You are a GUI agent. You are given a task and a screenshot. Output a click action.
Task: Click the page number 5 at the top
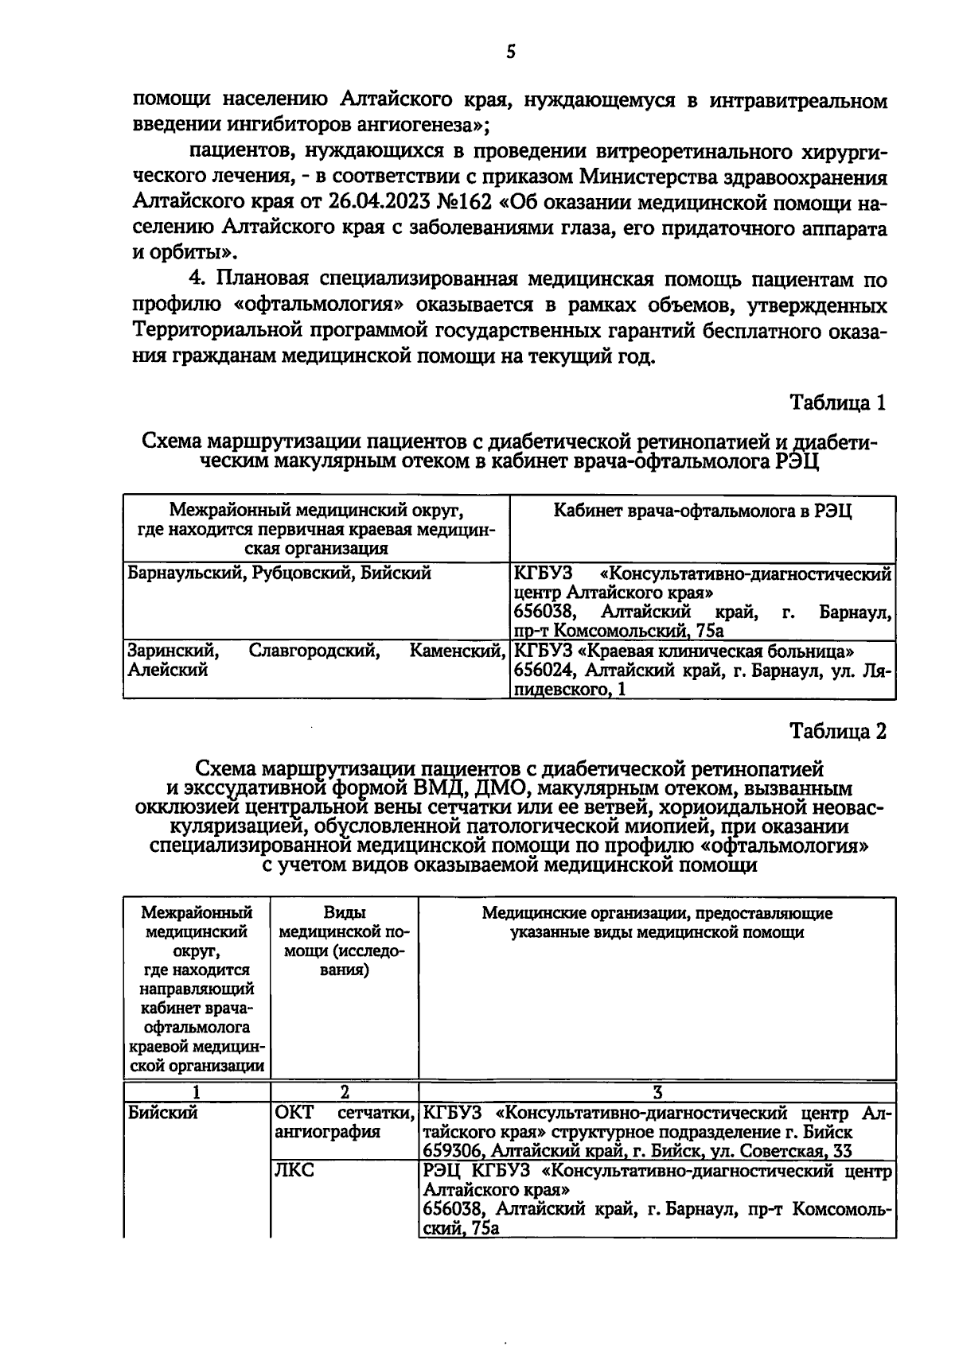pos(510,52)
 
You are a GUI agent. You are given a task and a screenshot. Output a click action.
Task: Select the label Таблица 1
pos(837,402)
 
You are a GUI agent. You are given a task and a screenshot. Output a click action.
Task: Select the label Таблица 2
pos(837,731)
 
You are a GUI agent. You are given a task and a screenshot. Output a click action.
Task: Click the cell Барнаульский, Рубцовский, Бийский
pos(279,573)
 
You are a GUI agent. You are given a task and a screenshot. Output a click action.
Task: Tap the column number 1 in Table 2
pos(197,1093)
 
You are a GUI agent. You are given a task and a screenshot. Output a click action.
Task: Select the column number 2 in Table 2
pos(344,1093)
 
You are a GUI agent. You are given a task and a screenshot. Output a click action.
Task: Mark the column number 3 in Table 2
pos(657,1093)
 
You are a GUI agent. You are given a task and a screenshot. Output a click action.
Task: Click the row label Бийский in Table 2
pos(162,1113)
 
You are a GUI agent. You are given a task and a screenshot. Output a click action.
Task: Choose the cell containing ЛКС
pos(294,1172)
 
